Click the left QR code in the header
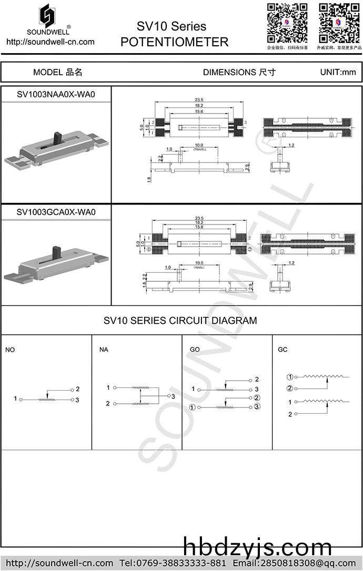(x=287, y=23)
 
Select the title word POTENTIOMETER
(x=174, y=42)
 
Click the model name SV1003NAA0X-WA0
(x=56, y=95)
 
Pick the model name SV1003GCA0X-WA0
(x=56, y=212)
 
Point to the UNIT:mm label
(x=338, y=73)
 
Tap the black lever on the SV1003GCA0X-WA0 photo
(x=55, y=252)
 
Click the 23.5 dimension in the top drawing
(x=199, y=100)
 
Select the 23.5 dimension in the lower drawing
(x=199, y=218)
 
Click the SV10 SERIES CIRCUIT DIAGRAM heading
(x=180, y=320)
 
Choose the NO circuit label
(x=10, y=350)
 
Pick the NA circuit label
(x=104, y=350)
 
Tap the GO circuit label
(x=195, y=350)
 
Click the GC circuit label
(x=283, y=350)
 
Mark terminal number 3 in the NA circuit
(x=173, y=396)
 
